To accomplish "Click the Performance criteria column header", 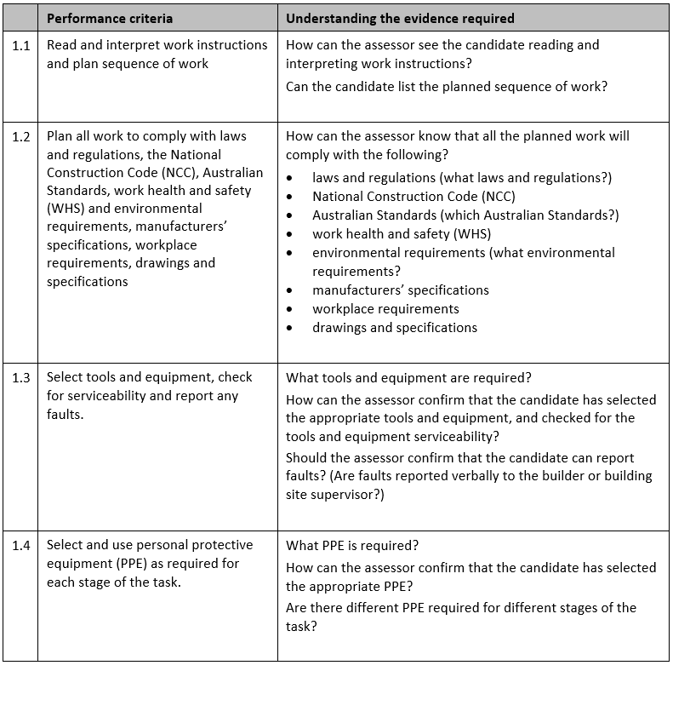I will [109, 18].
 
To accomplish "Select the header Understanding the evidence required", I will [400, 18].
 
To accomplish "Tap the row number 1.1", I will [20, 45].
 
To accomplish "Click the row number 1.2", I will [20, 136].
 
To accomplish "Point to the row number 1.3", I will [20, 377].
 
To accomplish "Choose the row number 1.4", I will [20, 545].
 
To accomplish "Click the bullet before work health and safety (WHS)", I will [291, 234].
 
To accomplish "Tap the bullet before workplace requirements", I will [291, 309].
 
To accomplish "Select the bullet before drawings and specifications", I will [291, 328].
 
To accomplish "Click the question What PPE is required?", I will [352, 546].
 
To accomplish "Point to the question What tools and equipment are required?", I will [408, 378].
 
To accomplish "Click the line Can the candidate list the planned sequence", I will [447, 86].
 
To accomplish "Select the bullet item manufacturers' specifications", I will [400, 290].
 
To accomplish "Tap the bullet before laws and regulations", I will [291, 178].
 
